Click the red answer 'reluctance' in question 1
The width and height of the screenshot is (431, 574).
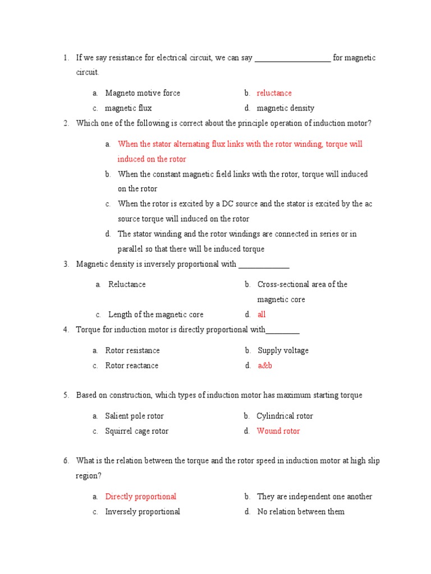[x=274, y=93]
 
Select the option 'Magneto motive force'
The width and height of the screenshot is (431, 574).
[x=143, y=93]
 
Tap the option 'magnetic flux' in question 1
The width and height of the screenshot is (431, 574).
[x=129, y=108]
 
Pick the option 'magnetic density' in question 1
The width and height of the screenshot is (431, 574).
[x=286, y=108]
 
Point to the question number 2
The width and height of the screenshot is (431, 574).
[x=66, y=123]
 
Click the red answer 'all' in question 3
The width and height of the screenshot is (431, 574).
[x=262, y=314]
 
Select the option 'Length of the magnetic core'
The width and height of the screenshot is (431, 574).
[x=155, y=314]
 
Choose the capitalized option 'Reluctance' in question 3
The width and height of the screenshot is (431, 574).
[x=127, y=284]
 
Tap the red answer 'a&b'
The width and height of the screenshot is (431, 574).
[x=264, y=365]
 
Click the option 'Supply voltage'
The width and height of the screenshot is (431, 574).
[x=283, y=350]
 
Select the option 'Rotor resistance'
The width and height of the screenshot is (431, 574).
[x=132, y=350]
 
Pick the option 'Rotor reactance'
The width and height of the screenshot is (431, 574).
[x=132, y=365]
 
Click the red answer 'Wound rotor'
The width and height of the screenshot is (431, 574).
[x=278, y=431]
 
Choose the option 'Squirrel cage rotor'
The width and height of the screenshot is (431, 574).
[x=137, y=431]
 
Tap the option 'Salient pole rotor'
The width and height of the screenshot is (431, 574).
[x=135, y=416]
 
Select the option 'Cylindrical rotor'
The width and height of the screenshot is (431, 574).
[x=285, y=416]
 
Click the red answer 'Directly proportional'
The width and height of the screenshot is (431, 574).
[x=141, y=497]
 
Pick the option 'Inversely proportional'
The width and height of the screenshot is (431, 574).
[x=143, y=512]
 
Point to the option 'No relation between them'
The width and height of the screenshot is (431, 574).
[x=301, y=512]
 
